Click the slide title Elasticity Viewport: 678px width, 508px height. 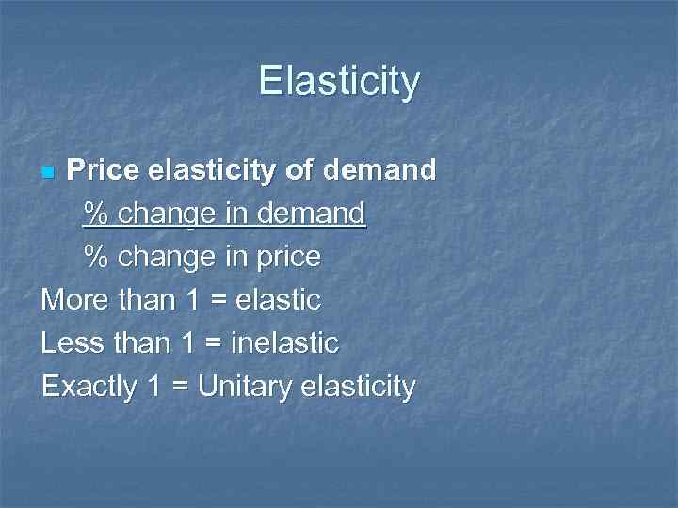(x=339, y=82)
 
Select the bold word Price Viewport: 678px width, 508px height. (x=104, y=170)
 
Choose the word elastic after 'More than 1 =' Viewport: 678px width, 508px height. (x=278, y=300)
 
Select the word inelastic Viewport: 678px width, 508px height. (x=286, y=343)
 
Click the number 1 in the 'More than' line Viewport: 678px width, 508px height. (x=192, y=300)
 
